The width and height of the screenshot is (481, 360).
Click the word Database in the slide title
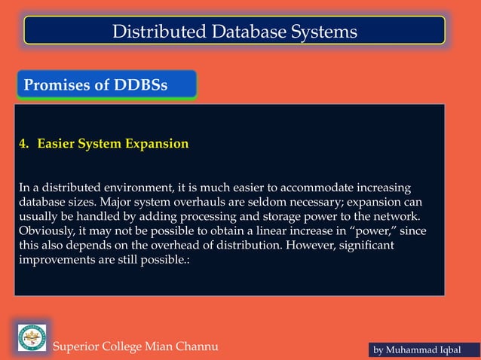(x=234, y=32)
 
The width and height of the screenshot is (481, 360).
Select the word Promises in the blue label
(x=57, y=85)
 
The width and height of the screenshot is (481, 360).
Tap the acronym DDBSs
(x=141, y=85)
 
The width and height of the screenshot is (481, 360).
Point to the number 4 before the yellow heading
(x=23, y=143)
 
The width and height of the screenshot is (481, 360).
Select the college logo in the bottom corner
(x=32, y=337)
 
